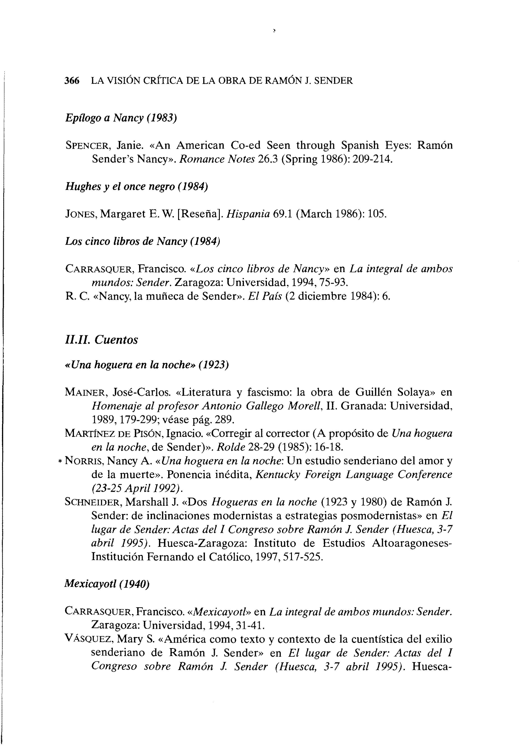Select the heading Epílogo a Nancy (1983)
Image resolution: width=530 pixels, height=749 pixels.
tap(121, 118)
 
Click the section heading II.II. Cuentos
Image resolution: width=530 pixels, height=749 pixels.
tap(101, 340)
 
